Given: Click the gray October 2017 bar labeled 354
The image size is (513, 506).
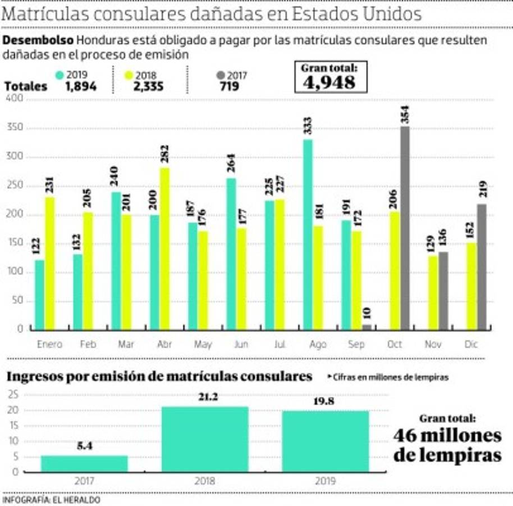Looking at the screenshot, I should (405, 228).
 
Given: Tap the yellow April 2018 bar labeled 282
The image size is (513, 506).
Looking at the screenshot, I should (164, 248).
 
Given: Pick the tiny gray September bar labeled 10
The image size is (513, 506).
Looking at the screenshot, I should (367, 327).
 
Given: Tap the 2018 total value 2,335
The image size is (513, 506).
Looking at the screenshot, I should (148, 87).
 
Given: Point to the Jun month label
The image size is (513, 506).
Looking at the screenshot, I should (241, 344).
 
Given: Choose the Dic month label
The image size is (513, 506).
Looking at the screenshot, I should (471, 344).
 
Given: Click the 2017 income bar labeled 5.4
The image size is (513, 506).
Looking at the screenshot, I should (84, 463).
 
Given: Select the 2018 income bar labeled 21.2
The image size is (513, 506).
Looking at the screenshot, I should (205, 439).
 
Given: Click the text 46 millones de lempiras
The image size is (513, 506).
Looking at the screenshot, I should (447, 444).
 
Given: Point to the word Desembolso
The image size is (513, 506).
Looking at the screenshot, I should (39, 40).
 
